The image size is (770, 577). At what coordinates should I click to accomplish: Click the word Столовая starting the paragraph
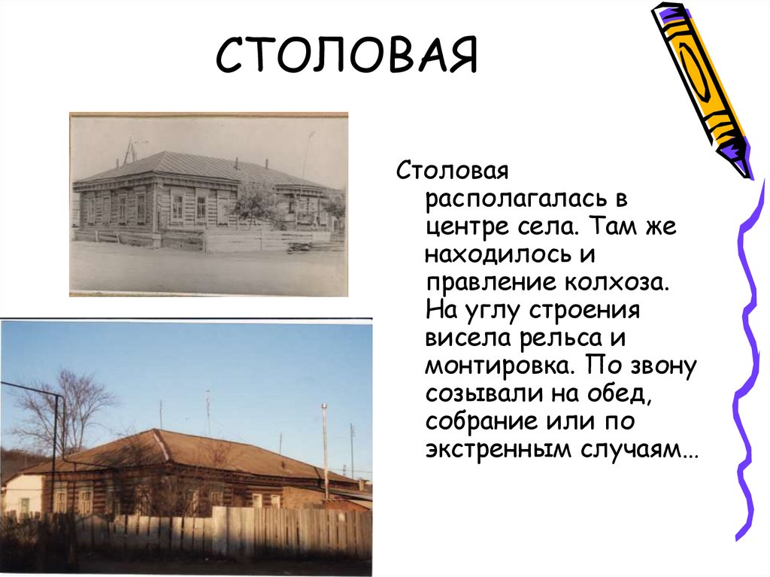pos(453,172)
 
